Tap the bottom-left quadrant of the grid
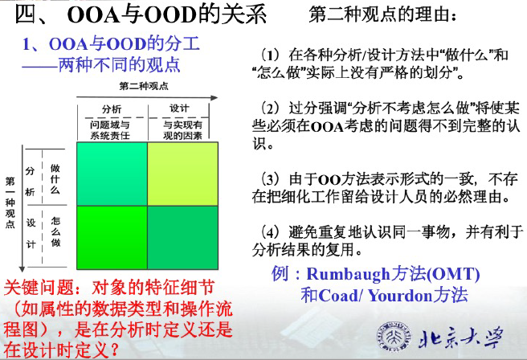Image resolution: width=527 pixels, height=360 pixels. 110,239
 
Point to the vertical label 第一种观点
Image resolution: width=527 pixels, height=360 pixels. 10,202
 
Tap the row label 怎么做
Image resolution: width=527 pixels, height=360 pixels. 55,232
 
